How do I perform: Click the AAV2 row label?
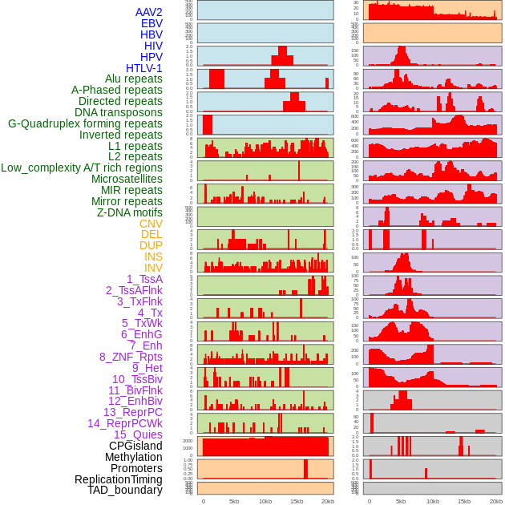click(x=148, y=12)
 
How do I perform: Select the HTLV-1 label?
click(x=143, y=68)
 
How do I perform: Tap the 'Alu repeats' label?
click(x=133, y=79)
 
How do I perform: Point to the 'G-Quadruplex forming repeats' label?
click(x=85, y=123)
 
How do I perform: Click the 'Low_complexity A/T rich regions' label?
click(x=82, y=168)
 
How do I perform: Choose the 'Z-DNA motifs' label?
click(x=129, y=212)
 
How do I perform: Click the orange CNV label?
click(x=151, y=224)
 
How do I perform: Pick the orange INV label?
click(x=153, y=268)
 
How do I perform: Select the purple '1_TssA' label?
click(x=144, y=279)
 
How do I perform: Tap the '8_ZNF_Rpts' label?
click(x=131, y=357)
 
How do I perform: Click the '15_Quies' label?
click(x=138, y=434)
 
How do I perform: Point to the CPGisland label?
click(x=135, y=446)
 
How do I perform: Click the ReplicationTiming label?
click(x=118, y=479)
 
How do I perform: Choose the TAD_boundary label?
click(x=124, y=490)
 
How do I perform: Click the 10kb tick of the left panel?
click(x=265, y=501)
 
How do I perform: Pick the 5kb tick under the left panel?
click(x=234, y=501)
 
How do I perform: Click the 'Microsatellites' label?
click(x=127, y=179)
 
